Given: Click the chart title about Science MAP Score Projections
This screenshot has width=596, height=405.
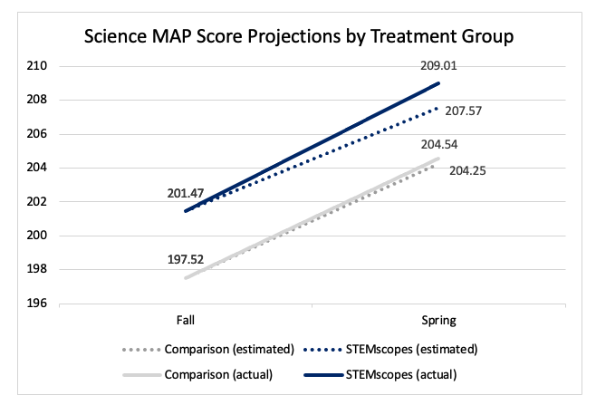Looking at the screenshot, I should pos(298,38).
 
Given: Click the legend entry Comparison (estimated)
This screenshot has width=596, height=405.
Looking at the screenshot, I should pos(222,349).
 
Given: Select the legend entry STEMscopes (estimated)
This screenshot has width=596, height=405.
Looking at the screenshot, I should pos(402,349).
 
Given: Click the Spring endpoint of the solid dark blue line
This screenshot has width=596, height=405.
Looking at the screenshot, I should pos(438,83).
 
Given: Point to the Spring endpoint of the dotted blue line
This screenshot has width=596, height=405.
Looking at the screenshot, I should pos(438,108).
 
